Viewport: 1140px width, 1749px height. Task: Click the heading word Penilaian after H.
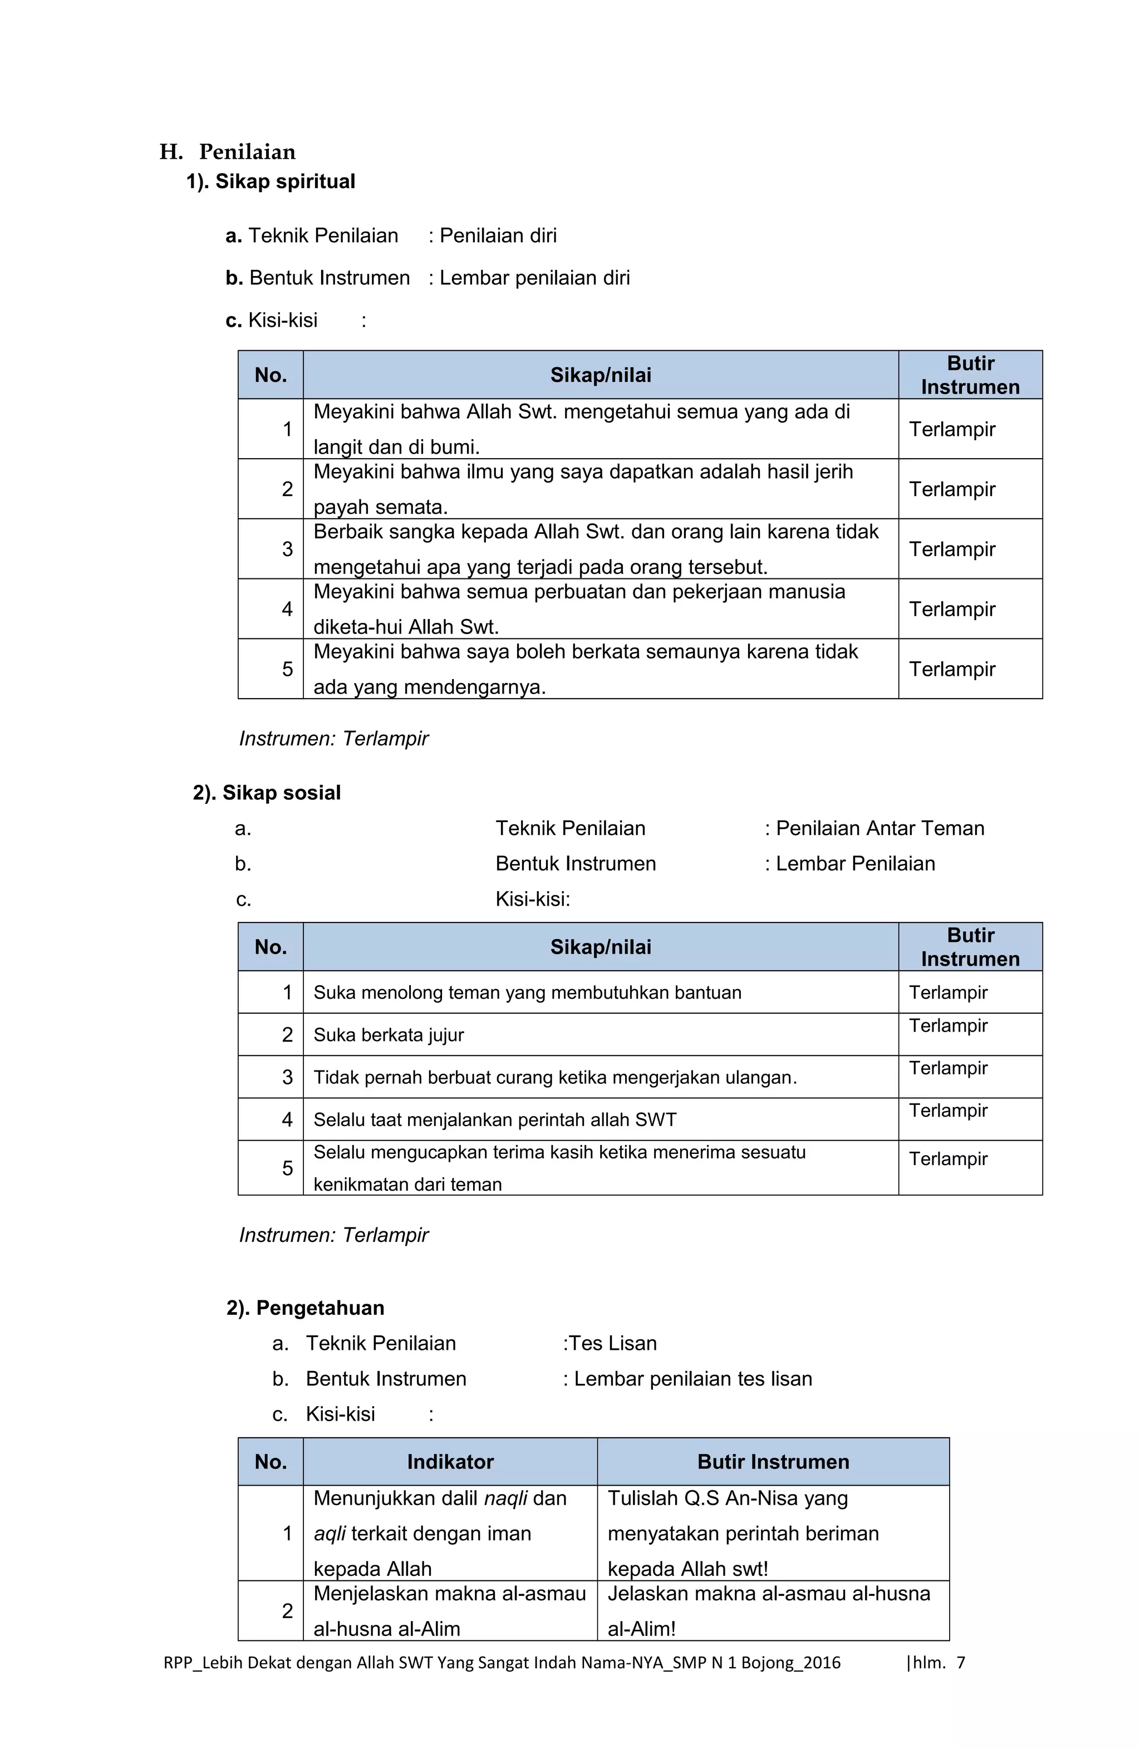(247, 152)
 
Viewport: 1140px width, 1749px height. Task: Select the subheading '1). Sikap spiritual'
(271, 181)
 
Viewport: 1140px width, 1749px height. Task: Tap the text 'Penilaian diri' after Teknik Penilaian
(498, 236)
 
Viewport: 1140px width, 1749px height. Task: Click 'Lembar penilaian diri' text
(534, 278)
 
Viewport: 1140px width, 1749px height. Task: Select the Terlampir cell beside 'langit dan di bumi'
(952, 429)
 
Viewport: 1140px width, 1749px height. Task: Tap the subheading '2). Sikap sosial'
(267, 793)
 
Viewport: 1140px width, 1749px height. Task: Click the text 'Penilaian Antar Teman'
(879, 828)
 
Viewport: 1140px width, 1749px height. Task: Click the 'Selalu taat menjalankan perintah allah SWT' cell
(495, 1119)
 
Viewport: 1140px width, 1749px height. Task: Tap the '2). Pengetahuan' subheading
(306, 1308)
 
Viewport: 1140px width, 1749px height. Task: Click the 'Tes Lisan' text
(612, 1343)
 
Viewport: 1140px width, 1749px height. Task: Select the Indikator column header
(450, 1462)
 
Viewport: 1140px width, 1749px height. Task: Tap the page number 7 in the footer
(960, 1662)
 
